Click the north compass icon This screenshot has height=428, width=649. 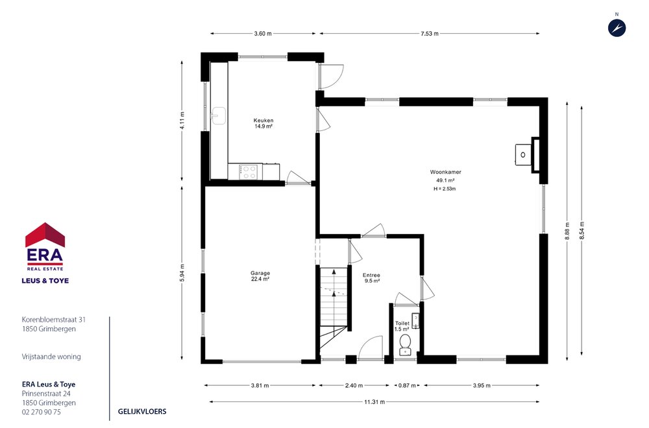617,27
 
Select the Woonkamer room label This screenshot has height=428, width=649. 445,172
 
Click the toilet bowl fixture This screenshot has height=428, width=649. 406,342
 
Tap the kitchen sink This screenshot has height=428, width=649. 219,115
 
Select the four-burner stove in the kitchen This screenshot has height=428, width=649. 248,172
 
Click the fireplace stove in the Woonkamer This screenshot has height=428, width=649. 523,154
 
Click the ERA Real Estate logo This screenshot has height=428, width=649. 45,249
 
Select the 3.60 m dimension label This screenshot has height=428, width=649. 263,34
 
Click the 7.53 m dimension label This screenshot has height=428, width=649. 428,34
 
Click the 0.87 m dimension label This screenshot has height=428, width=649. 408,385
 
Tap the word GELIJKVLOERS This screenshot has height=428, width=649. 142,412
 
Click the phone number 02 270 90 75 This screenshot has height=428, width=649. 42,412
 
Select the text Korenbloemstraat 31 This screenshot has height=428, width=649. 54,320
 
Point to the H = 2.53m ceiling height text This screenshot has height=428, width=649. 445,189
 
